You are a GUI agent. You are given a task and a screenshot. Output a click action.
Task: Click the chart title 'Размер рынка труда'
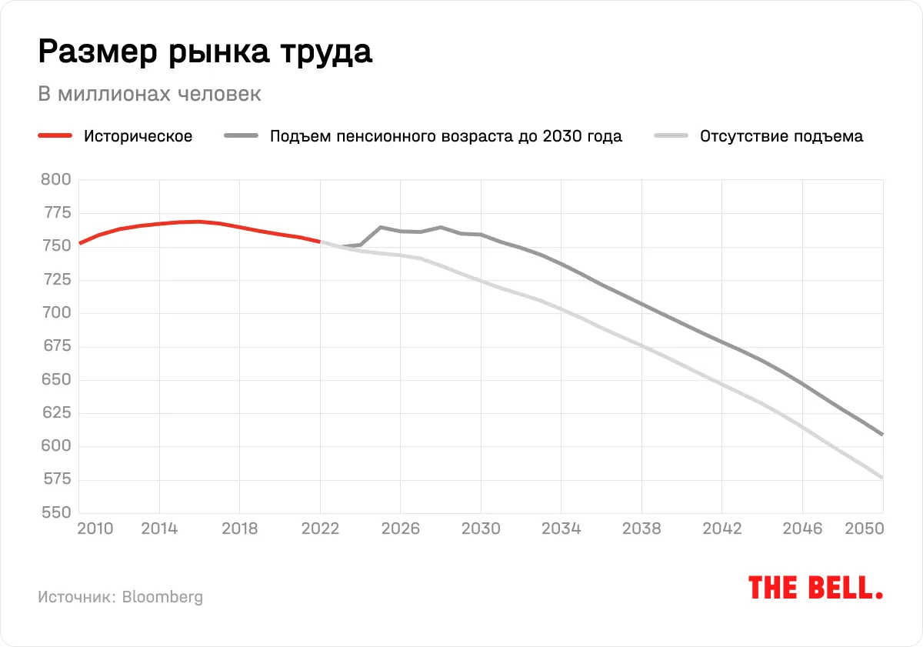(205, 52)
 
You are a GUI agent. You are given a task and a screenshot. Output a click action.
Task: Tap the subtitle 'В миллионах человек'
(149, 94)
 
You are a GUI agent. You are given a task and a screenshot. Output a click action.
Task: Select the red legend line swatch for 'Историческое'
(55, 137)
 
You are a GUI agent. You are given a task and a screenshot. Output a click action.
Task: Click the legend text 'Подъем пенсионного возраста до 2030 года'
(445, 137)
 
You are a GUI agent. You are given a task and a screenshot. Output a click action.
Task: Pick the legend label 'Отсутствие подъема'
(781, 137)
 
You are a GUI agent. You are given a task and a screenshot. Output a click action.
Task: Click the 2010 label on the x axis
(96, 529)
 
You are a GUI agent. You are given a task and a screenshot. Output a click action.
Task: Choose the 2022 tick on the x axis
(321, 529)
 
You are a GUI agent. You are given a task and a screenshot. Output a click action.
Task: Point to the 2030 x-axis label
(481, 529)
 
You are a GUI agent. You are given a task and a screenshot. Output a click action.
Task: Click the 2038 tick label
(641, 529)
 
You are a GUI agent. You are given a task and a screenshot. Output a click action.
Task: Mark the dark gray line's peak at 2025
(381, 227)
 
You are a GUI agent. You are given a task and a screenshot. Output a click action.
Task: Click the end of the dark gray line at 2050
(882, 435)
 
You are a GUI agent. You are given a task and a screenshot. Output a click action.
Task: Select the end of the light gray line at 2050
(882, 478)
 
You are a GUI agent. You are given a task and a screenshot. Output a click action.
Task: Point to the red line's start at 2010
(80, 243)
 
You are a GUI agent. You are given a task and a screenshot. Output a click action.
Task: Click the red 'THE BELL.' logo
(815, 589)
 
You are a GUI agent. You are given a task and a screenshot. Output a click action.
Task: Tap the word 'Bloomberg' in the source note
(162, 597)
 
